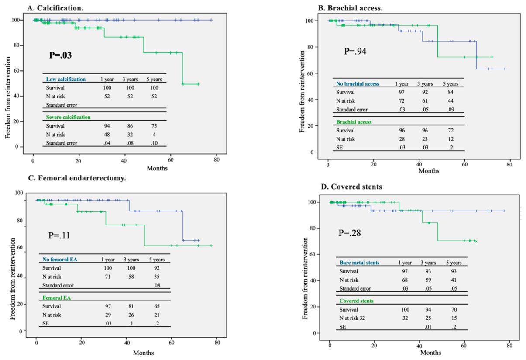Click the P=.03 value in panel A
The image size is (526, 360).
pos(60,55)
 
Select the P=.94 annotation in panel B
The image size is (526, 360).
pos(355,51)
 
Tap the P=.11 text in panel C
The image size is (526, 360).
pos(59,235)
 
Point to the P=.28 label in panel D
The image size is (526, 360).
pos(349,233)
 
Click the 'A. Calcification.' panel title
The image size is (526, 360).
pos(55,8)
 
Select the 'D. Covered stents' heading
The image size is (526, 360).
pos(351,187)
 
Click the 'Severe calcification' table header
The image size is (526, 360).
pos(68,117)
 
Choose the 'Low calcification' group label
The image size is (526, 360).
pos(66,79)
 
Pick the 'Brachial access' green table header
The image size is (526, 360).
pos(354,122)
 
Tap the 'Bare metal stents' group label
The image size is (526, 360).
pos(359,263)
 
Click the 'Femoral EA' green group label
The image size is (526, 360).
pos(57,298)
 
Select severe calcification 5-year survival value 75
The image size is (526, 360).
pos(154,126)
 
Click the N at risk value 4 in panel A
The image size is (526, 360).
pos(154,135)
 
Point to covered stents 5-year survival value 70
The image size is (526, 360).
pos(454,309)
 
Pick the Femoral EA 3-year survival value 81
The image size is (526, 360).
pos(131,306)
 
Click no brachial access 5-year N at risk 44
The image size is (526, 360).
pos(450,101)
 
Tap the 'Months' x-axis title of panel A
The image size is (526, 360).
pos(157,168)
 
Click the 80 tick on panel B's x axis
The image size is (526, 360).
pos(509,165)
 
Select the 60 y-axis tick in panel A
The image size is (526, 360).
pos(17,70)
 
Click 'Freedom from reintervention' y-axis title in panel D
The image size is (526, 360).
pos(305,278)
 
